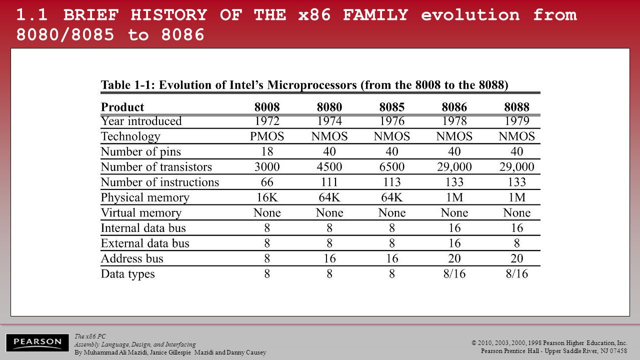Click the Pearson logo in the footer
37,342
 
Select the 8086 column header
454,107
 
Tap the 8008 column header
267,107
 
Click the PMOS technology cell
267,136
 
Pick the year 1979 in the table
516,121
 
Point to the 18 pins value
267,151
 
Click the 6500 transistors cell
391,167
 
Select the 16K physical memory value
267,197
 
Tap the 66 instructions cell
267,182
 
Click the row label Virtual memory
141,213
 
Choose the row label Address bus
132,258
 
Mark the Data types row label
127,274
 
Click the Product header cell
122,107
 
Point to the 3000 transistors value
267,167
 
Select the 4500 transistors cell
329,167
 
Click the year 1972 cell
267,121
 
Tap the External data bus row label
145,243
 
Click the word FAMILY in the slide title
375,14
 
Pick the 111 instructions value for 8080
329,182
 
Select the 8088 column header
516,107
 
